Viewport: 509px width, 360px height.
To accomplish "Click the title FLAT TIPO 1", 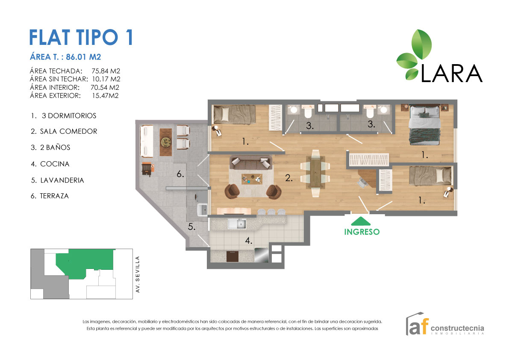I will tap(81, 37).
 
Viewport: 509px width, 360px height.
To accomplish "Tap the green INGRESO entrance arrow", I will tap(362, 221).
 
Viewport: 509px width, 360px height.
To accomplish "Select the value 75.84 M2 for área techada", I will tap(106, 71).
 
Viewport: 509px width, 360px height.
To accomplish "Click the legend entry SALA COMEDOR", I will tap(68, 132).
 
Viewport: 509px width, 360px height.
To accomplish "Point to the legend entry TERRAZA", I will tap(54, 196).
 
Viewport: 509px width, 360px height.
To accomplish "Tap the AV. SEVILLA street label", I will tap(137, 274).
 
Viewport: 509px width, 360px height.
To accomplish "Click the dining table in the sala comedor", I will tap(315, 174).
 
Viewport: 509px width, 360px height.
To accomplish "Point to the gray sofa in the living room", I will tap(250, 162).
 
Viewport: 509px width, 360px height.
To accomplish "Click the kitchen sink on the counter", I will tap(236, 224).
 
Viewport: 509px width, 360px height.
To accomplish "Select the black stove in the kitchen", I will tap(232, 256).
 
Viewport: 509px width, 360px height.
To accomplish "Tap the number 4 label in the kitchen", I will tap(248, 241).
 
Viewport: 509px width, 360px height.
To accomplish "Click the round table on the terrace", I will tap(165, 141).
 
